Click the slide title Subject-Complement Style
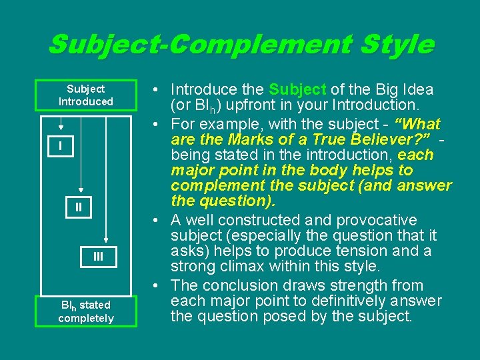tap(241, 45)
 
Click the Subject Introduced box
tap(86, 95)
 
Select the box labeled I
tap(61, 145)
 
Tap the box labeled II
tap(79, 207)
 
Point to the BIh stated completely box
tap(86, 311)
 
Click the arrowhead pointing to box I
tap(61, 129)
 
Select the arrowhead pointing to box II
tap(79, 192)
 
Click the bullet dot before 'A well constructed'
tap(155, 221)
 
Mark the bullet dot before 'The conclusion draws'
tap(155, 286)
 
